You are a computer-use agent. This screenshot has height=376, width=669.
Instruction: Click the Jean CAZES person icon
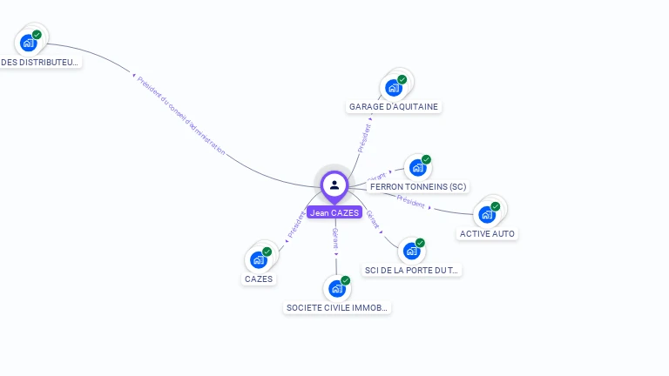pos(334,185)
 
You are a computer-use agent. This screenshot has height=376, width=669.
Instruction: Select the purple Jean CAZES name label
pos(334,212)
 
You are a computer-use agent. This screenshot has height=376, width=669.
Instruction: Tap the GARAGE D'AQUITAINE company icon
pos(395,87)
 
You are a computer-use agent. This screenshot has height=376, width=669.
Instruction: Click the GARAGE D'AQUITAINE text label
pos(395,107)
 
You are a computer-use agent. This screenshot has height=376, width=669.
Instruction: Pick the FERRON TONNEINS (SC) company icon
pos(418,167)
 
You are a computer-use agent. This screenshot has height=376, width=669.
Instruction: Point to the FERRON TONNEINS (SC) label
pos(418,187)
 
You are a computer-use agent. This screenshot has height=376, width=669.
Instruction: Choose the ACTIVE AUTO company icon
pos(487,214)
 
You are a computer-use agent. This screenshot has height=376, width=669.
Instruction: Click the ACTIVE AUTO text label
pos(488,234)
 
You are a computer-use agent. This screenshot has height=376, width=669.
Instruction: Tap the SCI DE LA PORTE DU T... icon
pos(412,251)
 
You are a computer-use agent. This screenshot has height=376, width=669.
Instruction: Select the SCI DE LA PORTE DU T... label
pos(412,271)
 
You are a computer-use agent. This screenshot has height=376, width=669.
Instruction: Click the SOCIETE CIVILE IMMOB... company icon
pos(337,288)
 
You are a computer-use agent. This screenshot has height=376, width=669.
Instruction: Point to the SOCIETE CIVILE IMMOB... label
pos(338,308)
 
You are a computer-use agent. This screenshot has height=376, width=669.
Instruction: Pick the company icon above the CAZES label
pos(259,259)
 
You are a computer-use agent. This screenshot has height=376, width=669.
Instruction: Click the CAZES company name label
pos(259,279)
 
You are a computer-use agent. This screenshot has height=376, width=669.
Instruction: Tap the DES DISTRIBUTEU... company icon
pos(29,42)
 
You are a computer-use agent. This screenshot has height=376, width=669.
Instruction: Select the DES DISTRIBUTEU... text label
pos(40,62)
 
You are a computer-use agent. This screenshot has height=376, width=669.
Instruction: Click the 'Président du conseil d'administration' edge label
pos(181,115)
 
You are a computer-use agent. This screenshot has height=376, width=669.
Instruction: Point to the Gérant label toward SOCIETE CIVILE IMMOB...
pos(335,238)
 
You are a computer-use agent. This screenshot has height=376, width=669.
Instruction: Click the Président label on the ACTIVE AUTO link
pos(411,201)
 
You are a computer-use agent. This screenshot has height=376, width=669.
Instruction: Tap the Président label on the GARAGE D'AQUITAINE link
pos(365,138)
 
